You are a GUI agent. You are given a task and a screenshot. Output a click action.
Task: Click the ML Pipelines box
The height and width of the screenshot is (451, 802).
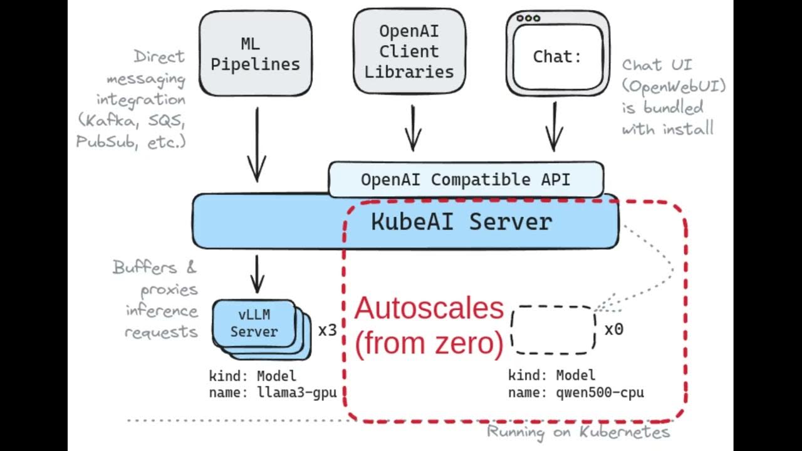point(255,54)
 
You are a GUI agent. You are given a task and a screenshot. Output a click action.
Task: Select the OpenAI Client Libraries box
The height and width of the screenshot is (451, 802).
point(409,51)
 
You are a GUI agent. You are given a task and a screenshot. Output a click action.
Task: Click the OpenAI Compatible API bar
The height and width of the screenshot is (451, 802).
point(466,180)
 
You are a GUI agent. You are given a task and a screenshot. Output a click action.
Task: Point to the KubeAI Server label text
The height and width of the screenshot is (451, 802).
point(462,222)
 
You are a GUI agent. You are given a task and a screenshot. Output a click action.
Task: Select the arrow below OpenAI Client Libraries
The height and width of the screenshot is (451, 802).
point(412,128)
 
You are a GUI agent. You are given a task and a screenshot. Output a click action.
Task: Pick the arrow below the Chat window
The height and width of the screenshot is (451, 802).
point(553,128)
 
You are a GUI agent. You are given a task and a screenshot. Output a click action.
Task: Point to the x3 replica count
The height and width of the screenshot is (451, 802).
point(327,330)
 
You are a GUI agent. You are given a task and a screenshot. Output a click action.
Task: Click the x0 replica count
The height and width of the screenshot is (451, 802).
point(613,329)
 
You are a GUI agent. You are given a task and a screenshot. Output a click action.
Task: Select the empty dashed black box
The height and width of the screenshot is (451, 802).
point(553,330)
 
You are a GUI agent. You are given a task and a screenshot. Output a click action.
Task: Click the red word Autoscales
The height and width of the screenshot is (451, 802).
point(429,309)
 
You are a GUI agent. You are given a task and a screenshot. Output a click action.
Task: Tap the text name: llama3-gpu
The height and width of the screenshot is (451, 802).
point(273,393)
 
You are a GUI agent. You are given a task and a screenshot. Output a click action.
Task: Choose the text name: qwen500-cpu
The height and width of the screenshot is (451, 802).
point(576,393)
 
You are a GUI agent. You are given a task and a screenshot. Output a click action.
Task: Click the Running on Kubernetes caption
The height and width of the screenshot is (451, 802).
point(578,432)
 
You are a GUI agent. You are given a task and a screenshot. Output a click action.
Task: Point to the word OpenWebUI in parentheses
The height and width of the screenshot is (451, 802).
point(674,86)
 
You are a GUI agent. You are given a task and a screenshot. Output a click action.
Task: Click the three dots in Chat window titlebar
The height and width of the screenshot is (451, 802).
point(528,18)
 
